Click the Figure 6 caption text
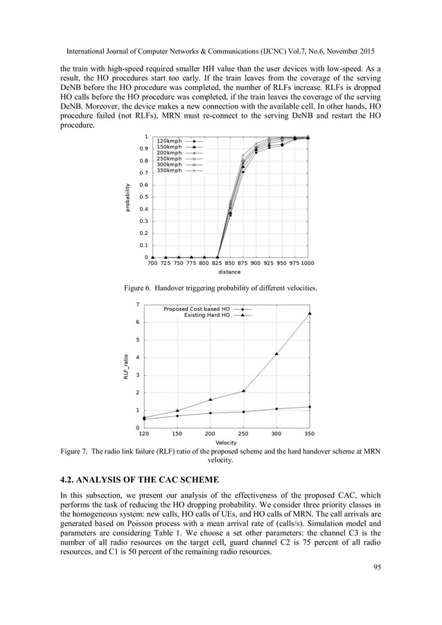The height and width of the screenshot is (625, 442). pyautogui.click(x=220, y=287)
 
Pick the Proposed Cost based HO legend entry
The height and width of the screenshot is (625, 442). pyautogui.click(x=197, y=309)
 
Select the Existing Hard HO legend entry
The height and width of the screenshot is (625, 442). pyautogui.click(x=207, y=315)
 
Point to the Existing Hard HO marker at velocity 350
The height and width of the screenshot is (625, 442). pyautogui.click(x=309, y=314)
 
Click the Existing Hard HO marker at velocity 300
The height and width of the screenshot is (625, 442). pyautogui.click(x=276, y=354)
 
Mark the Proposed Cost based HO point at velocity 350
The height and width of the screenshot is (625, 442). pyautogui.click(x=309, y=407)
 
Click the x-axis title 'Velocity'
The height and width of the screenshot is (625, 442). pyautogui.click(x=227, y=442)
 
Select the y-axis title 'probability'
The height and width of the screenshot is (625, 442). pyautogui.click(x=127, y=197)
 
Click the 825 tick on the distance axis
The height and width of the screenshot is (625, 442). pyautogui.click(x=218, y=264)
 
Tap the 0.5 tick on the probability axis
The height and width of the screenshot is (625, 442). pyautogui.click(x=143, y=197)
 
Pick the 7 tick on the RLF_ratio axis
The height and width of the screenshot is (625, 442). pyautogui.click(x=139, y=305)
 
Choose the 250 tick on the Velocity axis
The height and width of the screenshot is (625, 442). pyautogui.click(x=243, y=434)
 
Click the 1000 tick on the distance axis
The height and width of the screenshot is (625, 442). pyautogui.click(x=308, y=264)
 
